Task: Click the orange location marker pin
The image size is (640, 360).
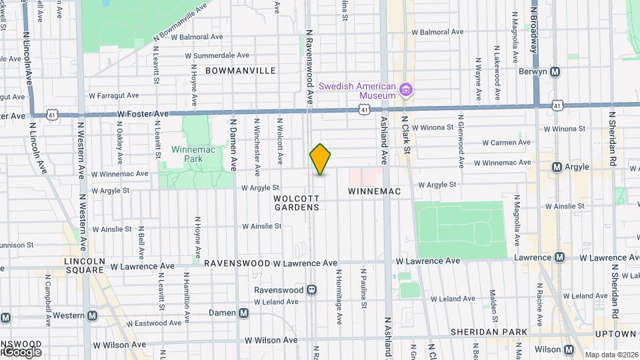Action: point(320,159)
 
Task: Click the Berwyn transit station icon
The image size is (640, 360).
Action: point(555,72)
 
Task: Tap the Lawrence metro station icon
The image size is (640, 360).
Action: point(559,257)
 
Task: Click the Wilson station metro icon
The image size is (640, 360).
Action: point(569,349)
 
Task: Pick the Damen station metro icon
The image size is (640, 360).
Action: point(244,313)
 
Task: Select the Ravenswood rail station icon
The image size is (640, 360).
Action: point(311,290)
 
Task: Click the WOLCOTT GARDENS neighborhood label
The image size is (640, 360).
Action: point(297,203)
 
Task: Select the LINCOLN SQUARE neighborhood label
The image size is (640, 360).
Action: point(85,265)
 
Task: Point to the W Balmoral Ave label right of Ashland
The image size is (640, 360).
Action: point(437,32)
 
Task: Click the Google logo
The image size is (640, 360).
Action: point(21,351)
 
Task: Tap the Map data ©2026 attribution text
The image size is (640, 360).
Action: point(612,354)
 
